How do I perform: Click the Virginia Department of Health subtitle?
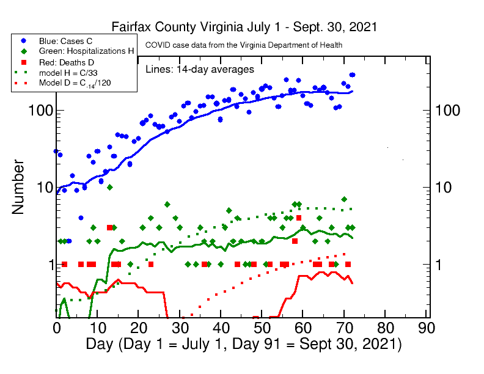(243, 45)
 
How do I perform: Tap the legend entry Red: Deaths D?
(65, 62)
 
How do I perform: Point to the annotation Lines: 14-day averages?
(200, 69)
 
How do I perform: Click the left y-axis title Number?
(18, 187)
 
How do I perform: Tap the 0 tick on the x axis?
(56, 327)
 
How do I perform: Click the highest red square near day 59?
(299, 218)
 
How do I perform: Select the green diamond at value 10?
(109, 187)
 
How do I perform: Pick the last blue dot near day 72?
(352, 75)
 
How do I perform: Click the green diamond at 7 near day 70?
(344, 199)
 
